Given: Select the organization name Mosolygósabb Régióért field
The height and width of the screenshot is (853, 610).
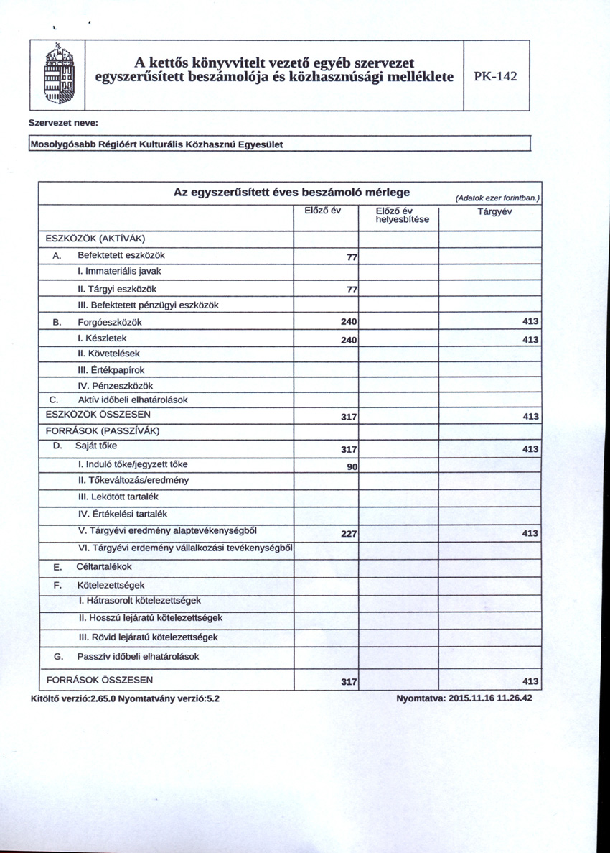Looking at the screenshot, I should pyautogui.click(x=156, y=144).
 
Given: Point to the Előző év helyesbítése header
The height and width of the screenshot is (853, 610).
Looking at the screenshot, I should pyautogui.click(x=402, y=215).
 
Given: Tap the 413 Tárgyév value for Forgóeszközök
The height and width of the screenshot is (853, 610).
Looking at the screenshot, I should pyautogui.click(x=530, y=321).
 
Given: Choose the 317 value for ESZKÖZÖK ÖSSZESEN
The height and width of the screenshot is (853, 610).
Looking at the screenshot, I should pyautogui.click(x=349, y=418).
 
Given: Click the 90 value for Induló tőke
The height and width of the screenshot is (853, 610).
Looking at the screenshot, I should pyautogui.click(x=352, y=467).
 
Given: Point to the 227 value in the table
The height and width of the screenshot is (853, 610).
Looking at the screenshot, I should pyautogui.click(x=349, y=534).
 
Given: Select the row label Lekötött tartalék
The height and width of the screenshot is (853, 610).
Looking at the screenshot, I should pyautogui.click(x=118, y=497).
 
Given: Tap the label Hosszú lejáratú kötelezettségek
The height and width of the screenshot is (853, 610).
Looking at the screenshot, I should pyautogui.click(x=150, y=618).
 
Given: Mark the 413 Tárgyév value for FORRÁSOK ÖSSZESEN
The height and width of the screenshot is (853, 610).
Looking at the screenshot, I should pyautogui.click(x=530, y=682).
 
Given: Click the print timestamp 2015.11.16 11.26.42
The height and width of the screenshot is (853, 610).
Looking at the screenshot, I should pyautogui.click(x=489, y=698).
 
